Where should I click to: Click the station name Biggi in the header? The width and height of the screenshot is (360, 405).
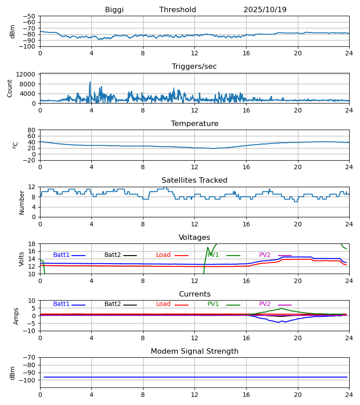tap(114, 10)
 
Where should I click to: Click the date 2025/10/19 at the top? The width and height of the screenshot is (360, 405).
tap(265, 10)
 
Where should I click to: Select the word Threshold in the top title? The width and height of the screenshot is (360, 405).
tap(178, 10)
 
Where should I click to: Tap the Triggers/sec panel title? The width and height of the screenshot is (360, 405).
tap(194, 67)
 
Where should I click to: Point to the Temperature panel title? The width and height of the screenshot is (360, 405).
tap(194, 124)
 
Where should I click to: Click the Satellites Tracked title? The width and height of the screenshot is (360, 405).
tap(194, 180)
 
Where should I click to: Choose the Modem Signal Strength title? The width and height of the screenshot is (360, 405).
tap(194, 351)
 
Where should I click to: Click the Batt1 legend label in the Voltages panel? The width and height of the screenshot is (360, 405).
tap(61, 255)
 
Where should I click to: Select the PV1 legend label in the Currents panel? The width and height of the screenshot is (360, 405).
tap(213, 304)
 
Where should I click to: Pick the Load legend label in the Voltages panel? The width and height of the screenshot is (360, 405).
tap(163, 255)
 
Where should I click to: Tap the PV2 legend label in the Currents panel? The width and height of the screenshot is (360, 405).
tap(265, 304)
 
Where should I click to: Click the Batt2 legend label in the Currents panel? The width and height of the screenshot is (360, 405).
tap(112, 304)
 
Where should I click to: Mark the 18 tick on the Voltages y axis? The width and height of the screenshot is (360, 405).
tap(32, 244)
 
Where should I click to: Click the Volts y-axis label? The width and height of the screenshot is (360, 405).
tap(22, 259)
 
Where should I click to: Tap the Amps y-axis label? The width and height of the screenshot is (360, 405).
tap(17, 316)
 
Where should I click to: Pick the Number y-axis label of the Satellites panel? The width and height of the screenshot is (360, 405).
tap(22, 202)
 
